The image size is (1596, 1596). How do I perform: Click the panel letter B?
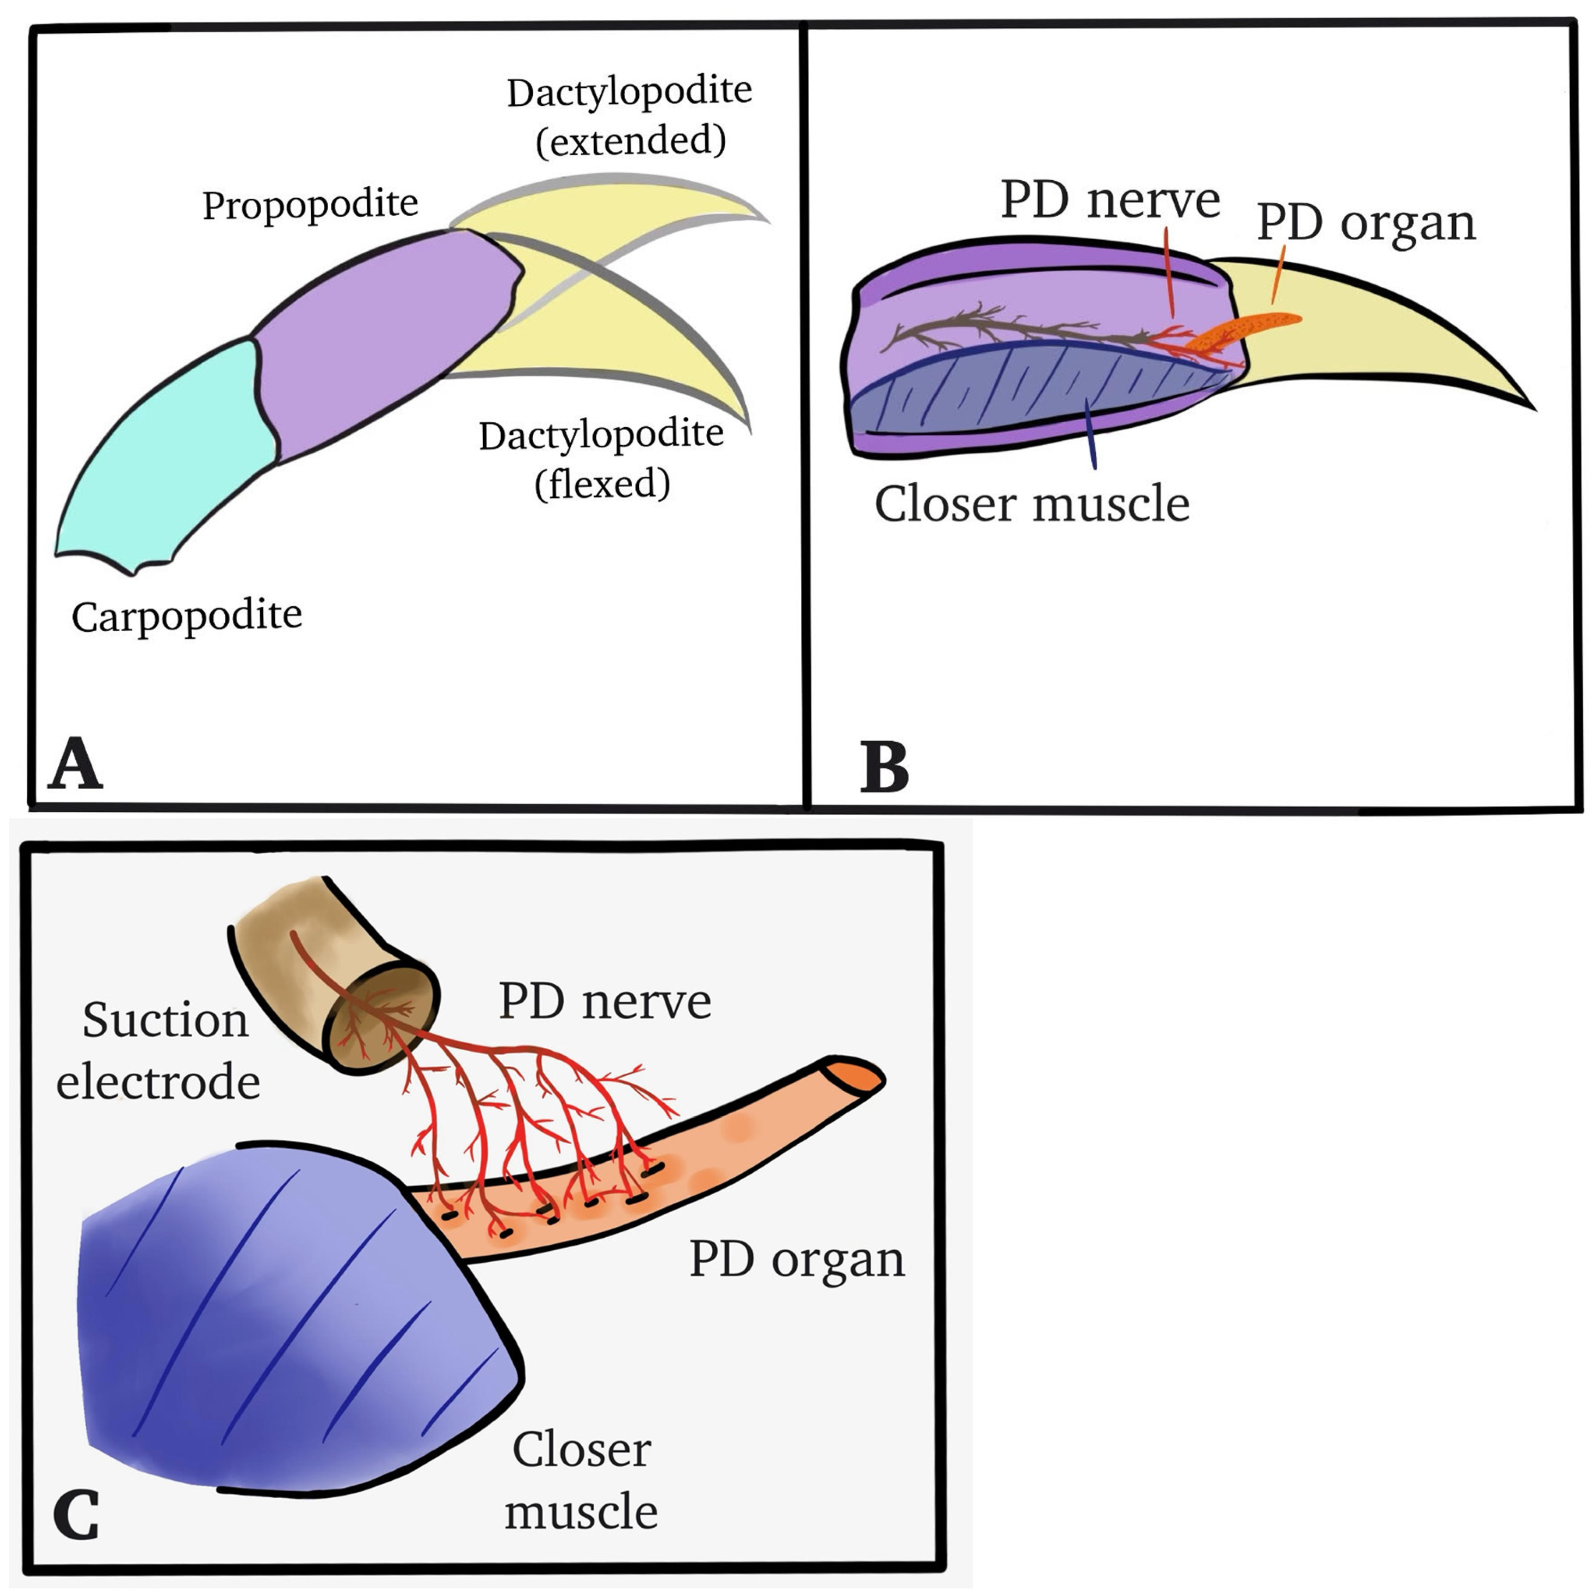pos(884,768)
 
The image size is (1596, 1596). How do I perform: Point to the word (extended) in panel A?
pos(631,141)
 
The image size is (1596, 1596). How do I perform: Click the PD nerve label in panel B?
pos(1110,201)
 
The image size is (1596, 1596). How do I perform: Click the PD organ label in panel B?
pos(1365,223)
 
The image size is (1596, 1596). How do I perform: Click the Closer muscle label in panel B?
pos(1032,504)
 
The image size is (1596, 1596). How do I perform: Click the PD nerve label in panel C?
pos(605,1002)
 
